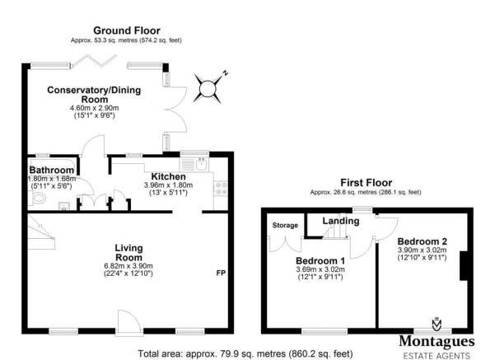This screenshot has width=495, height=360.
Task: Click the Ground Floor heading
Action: click(x=127, y=30)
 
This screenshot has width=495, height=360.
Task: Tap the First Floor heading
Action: click(x=367, y=183)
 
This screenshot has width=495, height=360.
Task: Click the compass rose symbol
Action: click(x=208, y=88)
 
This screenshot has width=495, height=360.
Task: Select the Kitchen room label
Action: click(x=168, y=176)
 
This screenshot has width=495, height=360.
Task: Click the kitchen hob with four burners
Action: click(x=221, y=188)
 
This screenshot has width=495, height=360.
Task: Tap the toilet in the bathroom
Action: click(x=39, y=198)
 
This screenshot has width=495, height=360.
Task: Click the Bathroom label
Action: click(x=51, y=170)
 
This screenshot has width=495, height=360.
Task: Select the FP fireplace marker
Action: click(x=221, y=273)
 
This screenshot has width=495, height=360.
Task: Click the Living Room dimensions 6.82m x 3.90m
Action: click(x=128, y=266)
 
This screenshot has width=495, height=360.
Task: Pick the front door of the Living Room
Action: click(x=128, y=323)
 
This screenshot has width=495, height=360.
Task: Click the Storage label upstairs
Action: click(x=285, y=225)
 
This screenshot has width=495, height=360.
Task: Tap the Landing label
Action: click(x=341, y=221)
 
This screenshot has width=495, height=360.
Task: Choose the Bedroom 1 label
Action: click(x=320, y=261)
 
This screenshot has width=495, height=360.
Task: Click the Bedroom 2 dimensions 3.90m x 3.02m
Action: click(x=422, y=250)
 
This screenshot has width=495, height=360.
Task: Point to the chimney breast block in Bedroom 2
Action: click(x=463, y=265)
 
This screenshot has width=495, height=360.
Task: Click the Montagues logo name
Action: click(x=437, y=341)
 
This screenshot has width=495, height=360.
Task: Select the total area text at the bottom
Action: click(x=245, y=353)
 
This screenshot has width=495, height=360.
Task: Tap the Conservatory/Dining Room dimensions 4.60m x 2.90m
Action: click(x=95, y=108)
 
